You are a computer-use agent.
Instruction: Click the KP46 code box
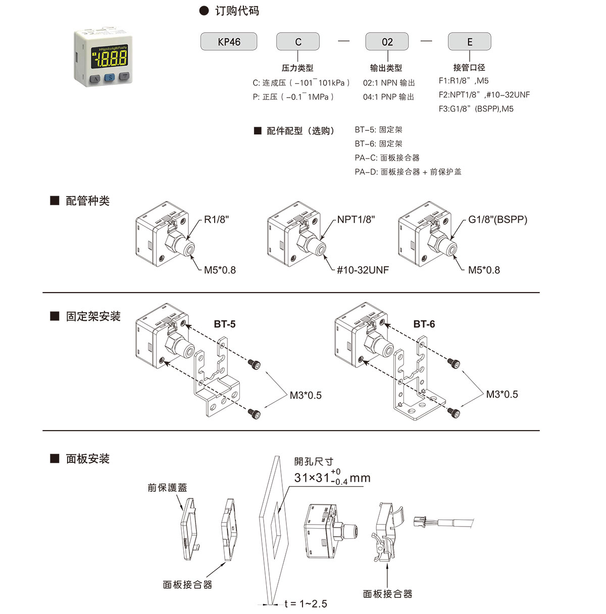pyautogui.click(x=229, y=42)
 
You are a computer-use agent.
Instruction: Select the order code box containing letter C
pyautogui.click(x=298, y=42)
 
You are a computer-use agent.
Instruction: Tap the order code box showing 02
pyautogui.click(x=387, y=42)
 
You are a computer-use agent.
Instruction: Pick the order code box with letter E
pyautogui.click(x=470, y=42)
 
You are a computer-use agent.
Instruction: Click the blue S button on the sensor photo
pyautogui.click(x=110, y=77)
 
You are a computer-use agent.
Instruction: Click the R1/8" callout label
pyautogui.click(x=217, y=220)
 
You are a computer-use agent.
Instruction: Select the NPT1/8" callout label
pyautogui.click(x=356, y=220)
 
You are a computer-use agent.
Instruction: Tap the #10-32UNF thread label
pyautogui.click(x=363, y=270)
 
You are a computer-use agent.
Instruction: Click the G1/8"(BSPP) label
pyautogui.click(x=497, y=220)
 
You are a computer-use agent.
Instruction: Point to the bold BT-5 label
pyautogui.click(x=225, y=324)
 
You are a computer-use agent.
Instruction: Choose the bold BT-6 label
pyautogui.click(x=424, y=324)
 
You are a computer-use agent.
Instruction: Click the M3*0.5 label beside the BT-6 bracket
pyautogui.click(x=502, y=395)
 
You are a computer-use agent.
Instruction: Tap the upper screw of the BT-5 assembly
pyautogui.click(x=254, y=363)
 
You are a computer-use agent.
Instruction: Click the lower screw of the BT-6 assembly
pyautogui.click(x=454, y=413)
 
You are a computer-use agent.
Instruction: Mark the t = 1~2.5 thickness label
pyautogui.click(x=306, y=604)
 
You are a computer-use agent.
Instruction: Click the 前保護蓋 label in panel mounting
pyautogui.click(x=167, y=488)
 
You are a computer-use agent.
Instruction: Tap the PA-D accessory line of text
pyautogui.click(x=408, y=172)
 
